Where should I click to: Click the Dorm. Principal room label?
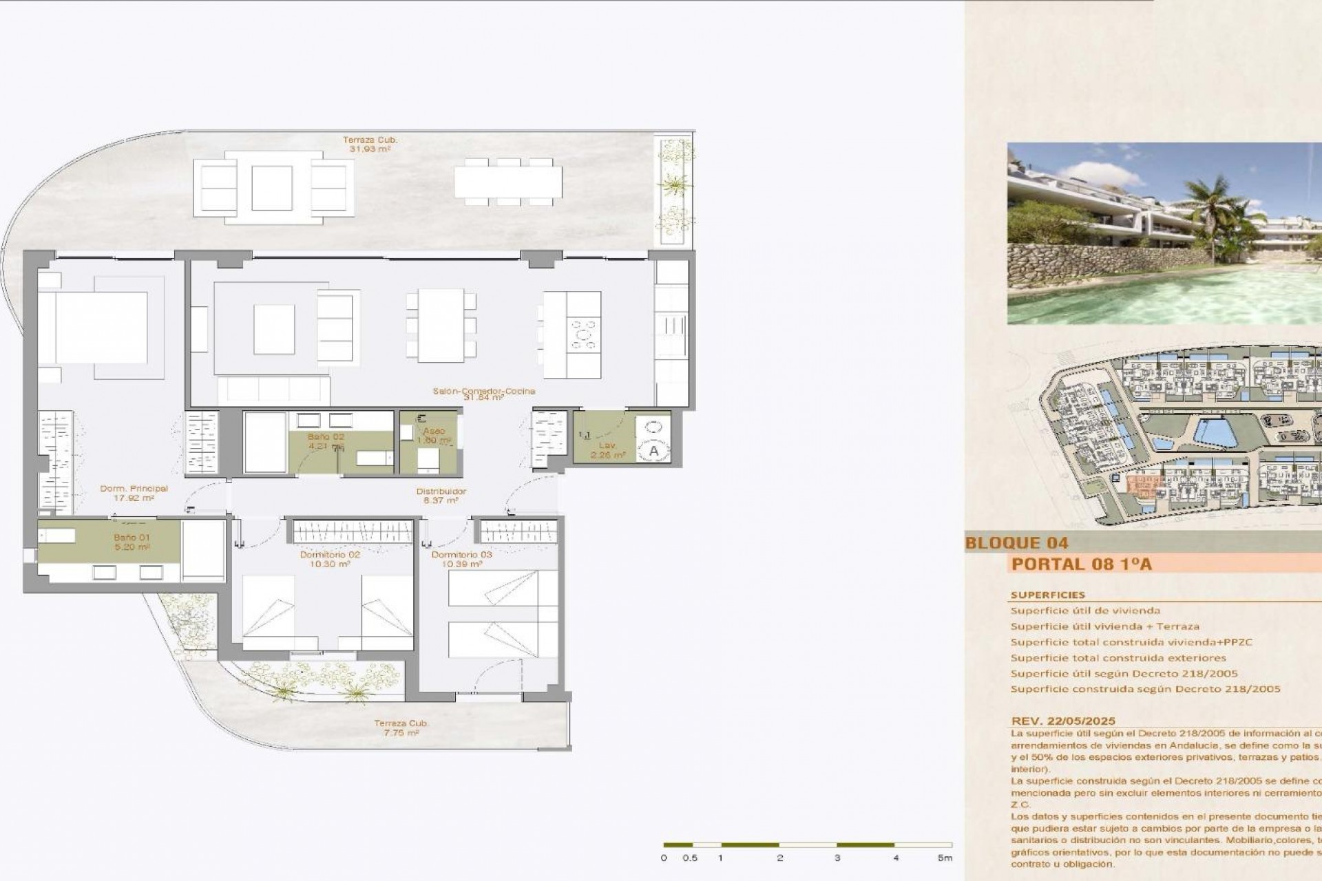[134, 489]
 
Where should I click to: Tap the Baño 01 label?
[132, 538]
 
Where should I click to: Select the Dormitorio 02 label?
[330, 555]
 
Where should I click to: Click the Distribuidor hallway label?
[441, 491]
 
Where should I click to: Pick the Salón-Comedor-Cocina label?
[484, 391]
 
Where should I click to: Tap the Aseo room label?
[434, 432]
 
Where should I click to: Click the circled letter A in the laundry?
[653, 451]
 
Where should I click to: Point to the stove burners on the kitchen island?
[585, 336]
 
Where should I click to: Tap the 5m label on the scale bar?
[945, 858]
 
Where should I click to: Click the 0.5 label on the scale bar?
[690, 858]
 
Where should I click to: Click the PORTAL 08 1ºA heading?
[1082, 564]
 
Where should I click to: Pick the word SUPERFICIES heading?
[1047, 595]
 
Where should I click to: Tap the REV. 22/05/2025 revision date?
[1063, 721]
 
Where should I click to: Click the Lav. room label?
[607, 445]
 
